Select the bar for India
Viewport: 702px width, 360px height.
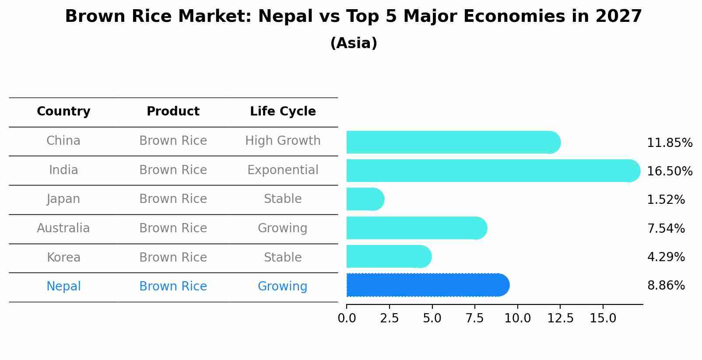pos(492,171)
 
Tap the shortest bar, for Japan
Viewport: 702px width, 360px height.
pos(365,199)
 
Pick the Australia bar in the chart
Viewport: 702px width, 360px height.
pos(416,228)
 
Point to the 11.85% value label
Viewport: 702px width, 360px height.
pos(669,143)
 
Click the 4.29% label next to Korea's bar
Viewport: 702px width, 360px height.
pos(666,257)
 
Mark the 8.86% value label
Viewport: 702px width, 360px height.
pos(666,286)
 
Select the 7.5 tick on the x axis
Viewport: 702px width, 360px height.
pos(474,318)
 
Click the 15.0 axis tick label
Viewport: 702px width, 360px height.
pos(603,318)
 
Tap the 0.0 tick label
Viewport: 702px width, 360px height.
pos(347,318)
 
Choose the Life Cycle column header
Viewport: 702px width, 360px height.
pos(283,112)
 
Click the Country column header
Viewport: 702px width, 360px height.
pos(63,112)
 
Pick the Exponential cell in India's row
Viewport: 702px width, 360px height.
pos(283,170)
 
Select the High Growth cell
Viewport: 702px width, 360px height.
pos(283,141)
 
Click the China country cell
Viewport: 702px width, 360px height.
pos(63,141)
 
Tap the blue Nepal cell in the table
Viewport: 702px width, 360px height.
pos(63,286)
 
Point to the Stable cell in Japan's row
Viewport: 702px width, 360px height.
pos(283,199)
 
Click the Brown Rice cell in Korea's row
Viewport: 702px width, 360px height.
pos(173,257)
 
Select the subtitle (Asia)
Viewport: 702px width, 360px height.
pos(354,43)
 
